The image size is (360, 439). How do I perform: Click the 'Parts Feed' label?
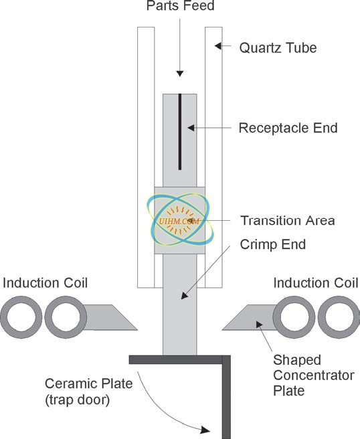pos(180,5)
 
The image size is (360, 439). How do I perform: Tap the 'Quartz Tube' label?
pos(278,48)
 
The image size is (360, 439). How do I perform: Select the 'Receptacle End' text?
pos(288,128)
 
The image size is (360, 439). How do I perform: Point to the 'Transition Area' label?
pos(288,221)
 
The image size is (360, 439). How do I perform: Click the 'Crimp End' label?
pos(272,244)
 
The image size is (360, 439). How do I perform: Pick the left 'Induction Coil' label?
pos(45,283)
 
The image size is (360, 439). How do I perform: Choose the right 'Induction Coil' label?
pos(316,283)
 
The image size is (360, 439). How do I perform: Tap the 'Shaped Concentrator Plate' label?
pos(314,375)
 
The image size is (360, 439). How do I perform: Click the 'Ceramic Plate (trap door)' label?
pos(88,391)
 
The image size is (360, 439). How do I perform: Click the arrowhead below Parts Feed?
pos(180,74)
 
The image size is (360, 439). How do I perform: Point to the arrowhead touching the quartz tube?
pos(218,46)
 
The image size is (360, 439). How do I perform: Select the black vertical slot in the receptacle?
pos(180,132)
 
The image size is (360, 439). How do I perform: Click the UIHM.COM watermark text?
pos(179,222)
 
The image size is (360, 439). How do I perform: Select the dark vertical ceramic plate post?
pos(226,398)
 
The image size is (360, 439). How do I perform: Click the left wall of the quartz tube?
pos(146,157)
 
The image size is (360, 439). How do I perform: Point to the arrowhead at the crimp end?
pos(184,295)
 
